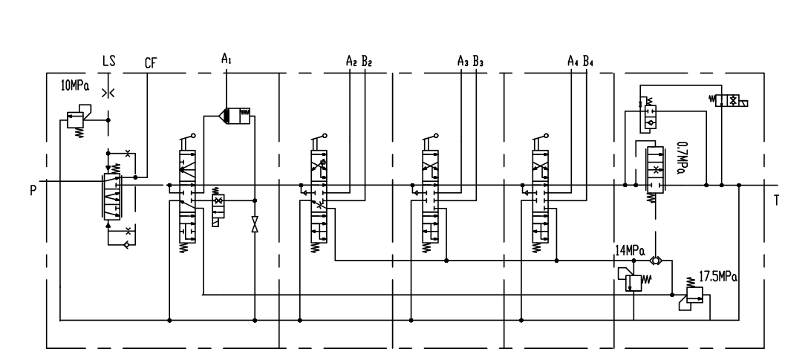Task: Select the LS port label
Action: click(108, 62)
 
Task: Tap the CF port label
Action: click(151, 64)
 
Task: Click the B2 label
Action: click(366, 62)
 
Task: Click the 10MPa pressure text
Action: click(75, 85)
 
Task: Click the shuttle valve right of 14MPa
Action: click(656, 261)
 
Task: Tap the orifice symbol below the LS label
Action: click(108, 93)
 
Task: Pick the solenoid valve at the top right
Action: click(729, 101)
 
